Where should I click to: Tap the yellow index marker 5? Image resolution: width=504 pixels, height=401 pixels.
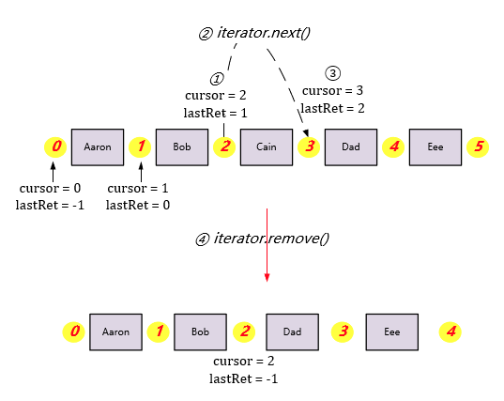(x=479, y=147)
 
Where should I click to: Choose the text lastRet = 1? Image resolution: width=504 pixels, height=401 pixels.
(x=216, y=113)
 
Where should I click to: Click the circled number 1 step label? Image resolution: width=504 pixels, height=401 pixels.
(x=217, y=79)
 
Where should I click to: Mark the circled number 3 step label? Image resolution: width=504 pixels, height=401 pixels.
(x=331, y=73)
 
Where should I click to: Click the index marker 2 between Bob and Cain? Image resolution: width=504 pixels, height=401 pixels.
(x=225, y=147)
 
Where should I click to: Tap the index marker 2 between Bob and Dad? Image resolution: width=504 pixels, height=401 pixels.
(x=245, y=332)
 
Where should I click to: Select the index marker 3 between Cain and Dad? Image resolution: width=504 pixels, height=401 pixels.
(x=309, y=147)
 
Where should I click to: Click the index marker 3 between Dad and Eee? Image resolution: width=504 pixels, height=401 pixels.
(x=344, y=332)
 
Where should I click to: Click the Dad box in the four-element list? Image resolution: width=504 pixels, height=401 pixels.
(x=294, y=332)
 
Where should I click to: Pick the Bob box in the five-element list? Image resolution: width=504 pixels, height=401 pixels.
(x=182, y=147)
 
